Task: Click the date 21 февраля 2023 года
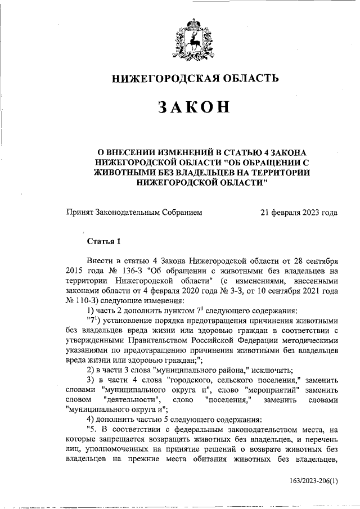[299, 213]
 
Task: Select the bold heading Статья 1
[103, 242]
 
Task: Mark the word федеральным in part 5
[200, 429]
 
